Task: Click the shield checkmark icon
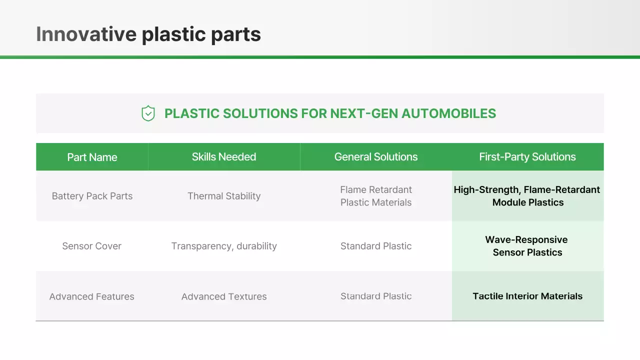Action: pyautogui.click(x=148, y=113)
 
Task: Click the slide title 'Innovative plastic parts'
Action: pyautogui.click(x=148, y=34)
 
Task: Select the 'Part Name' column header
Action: pyautogui.click(x=92, y=157)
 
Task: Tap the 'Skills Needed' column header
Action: pyautogui.click(x=223, y=156)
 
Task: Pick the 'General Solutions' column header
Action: pyautogui.click(x=375, y=156)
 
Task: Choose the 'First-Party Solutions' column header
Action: pyautogui.click(x=527, y=157)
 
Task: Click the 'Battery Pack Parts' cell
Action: pyautogui.click(x=92, y=196)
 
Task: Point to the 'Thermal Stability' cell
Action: pyautogui.click(x=223, y=196)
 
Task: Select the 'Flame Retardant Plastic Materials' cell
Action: pyautogui.click(x=375, y=196)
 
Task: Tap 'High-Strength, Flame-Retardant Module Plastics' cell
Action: pyautogui.click(x=527, y=196)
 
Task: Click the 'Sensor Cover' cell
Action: pyautogui.click(x=91, y=246)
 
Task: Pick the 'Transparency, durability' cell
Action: pyautogui.click(x=223, y=246)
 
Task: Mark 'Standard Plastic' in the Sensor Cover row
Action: pyautogui.click(x=375, y=246)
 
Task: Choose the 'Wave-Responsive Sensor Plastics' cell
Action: pyautogui.click(x=527, y=246)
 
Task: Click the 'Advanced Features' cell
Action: pyautogui.click(x=91, y=296)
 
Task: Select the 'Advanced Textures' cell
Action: pyautogui.click(x=223, y=296)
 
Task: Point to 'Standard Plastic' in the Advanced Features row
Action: pyautogui.click(x=375, y=296)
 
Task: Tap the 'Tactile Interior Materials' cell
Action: pyautogui.click(x=527, y=296)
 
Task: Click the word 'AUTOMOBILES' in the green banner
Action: pyautogui.click(x=448, y=113)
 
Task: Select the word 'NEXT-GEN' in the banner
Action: pyautogui.click(x=364, y=113)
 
